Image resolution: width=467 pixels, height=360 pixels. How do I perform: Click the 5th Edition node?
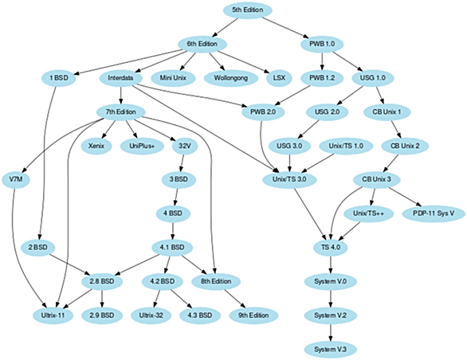pyautogui.click(x=248, y=10)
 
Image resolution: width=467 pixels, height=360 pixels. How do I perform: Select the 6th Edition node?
pyautogui.click(x=202, y=44)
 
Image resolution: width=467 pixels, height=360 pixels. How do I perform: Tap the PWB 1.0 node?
pyautogui.click(x=322, y=44)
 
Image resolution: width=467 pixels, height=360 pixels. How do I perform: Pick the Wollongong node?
pyautogui.click(x=231, y=78)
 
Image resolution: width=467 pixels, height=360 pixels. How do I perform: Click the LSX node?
pyautogui.click(x=279, y=78)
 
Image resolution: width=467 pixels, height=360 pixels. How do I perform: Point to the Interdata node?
pyautogui.click(x=120, y=78)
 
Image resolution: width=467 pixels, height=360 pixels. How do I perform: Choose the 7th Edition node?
pyautogui.click(x=121, y=112)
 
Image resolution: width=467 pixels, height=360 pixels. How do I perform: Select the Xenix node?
pyautogui.click(x=96, y=146)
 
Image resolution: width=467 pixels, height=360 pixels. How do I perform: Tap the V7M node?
pyautogui.click(x=16, y=179)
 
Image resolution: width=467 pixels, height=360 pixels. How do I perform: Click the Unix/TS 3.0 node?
pyautogui.click(x=289, y=179)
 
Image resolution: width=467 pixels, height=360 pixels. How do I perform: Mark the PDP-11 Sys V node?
pyautogui.click(x=434, y=213)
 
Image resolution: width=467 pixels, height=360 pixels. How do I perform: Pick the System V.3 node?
pyautogui.click(x=330, y=350)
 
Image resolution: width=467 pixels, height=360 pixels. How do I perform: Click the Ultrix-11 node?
pyautogui.click(x=53, y=315)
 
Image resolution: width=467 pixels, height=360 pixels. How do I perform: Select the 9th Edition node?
pyautogui.click(x=253, y=315)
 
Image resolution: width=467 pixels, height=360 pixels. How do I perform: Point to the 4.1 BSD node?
pyautogui.click(x=172, y=248)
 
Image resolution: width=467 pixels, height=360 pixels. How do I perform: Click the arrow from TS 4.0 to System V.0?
pyautogui.click(x=331, y=264)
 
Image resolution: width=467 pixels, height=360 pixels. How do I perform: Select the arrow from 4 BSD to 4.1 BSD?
pyautogui.click(x=173, y=230)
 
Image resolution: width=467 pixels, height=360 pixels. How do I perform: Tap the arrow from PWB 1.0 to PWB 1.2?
pyautogui.click(x=322, y=61)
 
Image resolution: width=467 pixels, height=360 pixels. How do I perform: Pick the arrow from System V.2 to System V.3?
pyautogui.click(x=331, y=332)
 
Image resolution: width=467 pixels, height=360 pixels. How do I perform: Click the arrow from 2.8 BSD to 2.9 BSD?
pyautogui.click(x=102, y=299)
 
